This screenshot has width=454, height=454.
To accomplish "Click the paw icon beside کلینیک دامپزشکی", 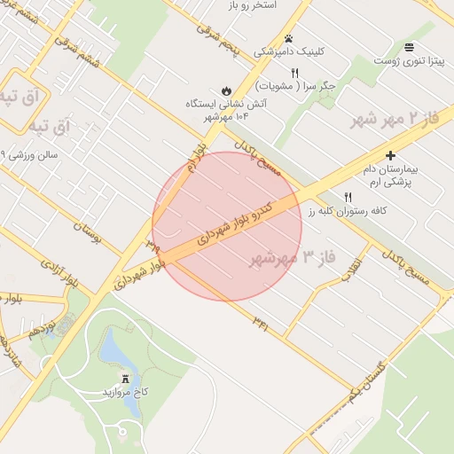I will (289, 38).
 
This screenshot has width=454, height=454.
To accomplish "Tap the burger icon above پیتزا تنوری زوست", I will (409, 47).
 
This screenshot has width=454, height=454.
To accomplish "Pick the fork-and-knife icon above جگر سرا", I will (294, 73).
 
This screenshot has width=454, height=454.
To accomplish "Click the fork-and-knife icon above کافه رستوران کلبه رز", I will (348, 197).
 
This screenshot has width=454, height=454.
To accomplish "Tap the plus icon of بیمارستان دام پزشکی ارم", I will (389, 155).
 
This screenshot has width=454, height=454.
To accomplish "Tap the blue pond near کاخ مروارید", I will (113, 351).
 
